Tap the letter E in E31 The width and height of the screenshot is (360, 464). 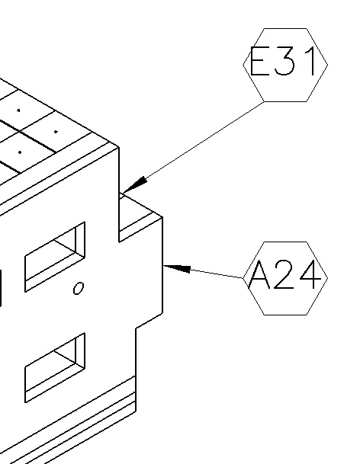click(260, 61)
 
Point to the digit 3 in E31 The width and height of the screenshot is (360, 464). click(284, 61)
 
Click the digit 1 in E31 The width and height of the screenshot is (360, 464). click(312, 61)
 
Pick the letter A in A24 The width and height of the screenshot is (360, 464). click(259, 274)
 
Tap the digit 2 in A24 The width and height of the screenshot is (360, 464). click(284, 274)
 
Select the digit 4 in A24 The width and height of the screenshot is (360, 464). click(310, 274)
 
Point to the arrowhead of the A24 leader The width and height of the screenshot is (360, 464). click(177, 268)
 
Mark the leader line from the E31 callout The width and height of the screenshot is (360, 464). click(193, 148)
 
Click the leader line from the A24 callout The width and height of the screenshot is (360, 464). click(203, 272)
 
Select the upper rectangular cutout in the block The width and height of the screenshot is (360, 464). click(55, 257)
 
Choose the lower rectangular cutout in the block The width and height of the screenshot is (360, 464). click(55, 367)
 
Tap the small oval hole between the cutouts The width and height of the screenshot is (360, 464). click(79, 288)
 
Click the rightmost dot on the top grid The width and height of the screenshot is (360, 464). click(56, 131)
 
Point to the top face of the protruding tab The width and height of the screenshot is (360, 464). click(140, 211)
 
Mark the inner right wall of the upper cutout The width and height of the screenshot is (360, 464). click(80, 240)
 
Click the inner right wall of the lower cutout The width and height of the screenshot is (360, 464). click(80, 351)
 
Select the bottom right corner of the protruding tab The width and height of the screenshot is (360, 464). click(162, 313)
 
